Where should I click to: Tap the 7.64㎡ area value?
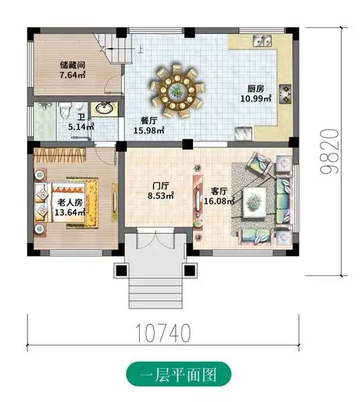(73, 74)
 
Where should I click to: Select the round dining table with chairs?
(174, 91)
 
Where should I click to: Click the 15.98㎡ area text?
(149, 130)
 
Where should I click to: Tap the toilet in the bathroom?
(64, 110)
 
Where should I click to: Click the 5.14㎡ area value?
(80, 126)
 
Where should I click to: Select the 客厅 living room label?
(219, 191)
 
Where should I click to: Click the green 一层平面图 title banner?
(179, 374)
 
